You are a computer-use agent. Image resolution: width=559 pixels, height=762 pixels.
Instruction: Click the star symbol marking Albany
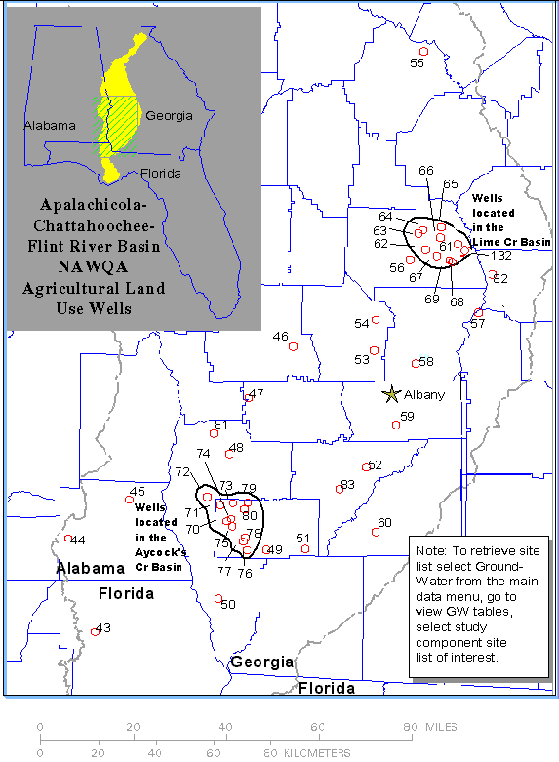click(x=392, y=395)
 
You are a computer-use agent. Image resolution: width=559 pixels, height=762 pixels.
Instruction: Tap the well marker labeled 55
click(x=423, y=52)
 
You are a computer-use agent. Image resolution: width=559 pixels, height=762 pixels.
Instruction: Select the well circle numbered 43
click(x=95, y=632)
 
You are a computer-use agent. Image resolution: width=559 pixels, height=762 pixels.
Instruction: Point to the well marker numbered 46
click(x=292, y=345)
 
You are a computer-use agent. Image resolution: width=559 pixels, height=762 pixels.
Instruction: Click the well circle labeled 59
click(x=396, y=425)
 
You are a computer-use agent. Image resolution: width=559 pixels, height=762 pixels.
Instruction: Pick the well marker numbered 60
click(x=376, y=532)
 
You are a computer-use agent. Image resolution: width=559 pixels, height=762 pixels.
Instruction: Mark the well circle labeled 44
click(x=67, y=539)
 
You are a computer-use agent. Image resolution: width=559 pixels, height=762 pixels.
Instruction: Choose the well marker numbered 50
click(x=219, y=598)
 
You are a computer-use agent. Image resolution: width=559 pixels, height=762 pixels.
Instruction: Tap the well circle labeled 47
click(x=248, y=397)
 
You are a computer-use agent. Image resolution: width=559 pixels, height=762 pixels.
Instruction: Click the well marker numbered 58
click(x=416, y=364)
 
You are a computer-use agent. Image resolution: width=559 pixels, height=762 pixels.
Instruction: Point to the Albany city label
click(x=424, y=395)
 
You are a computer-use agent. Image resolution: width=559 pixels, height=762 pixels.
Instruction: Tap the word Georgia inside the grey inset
click(x=169, y=115)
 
